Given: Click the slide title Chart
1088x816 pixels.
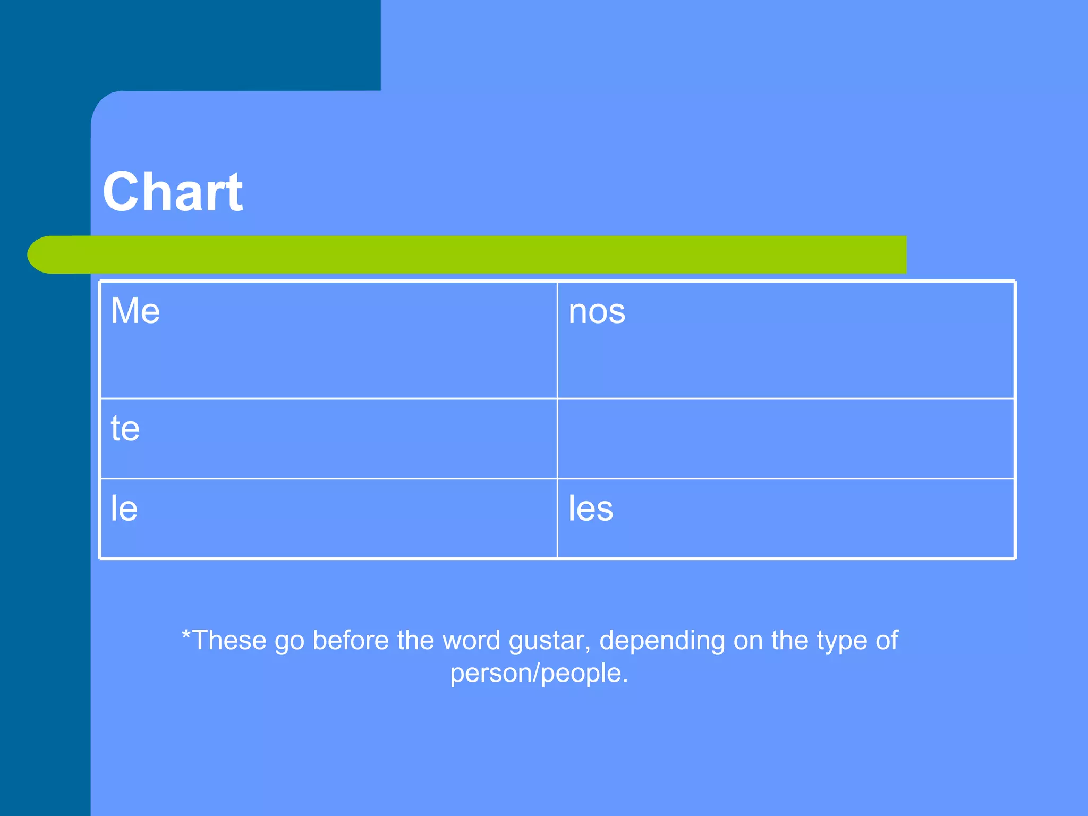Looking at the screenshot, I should click(173, 192).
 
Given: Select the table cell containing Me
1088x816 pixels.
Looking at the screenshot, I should click(328, 340).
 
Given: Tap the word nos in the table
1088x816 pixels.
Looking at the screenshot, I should click(597, 311).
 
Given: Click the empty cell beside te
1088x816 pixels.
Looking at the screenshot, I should click(785, 438).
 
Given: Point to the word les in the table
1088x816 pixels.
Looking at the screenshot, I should click(591, 508).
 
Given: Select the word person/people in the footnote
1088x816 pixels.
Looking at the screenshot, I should click(539, 673).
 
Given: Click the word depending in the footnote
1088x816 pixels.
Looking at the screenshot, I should click(662, 641).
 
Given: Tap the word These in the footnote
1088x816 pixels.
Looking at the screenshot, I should click(229, 640).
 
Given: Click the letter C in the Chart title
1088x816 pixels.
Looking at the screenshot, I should click(121, 192).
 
